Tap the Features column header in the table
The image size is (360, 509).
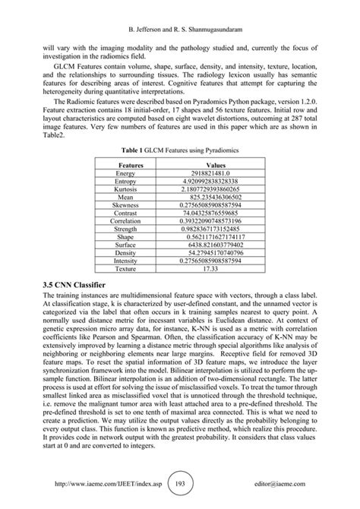[x=125, y=164]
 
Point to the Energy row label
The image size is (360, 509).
[x=125, y=174]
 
